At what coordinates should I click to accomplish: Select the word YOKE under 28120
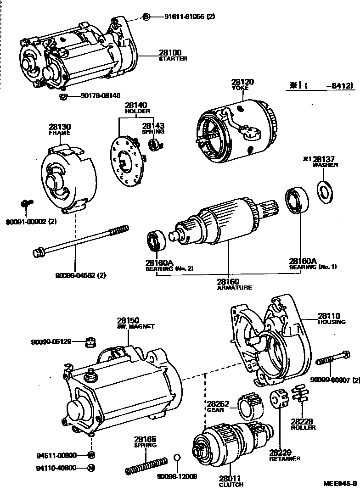pos(243,88)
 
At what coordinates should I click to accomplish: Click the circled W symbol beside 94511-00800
pos(91,455)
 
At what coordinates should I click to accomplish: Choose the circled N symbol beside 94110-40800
pos(91,469)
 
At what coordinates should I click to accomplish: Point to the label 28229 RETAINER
pos(285,455)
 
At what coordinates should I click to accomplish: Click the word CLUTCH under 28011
pos(231,484)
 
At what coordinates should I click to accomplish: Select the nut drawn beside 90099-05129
pos(91,341)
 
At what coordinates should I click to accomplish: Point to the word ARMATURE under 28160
pos(234,288)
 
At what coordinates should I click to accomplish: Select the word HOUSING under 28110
pos(332,322)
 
